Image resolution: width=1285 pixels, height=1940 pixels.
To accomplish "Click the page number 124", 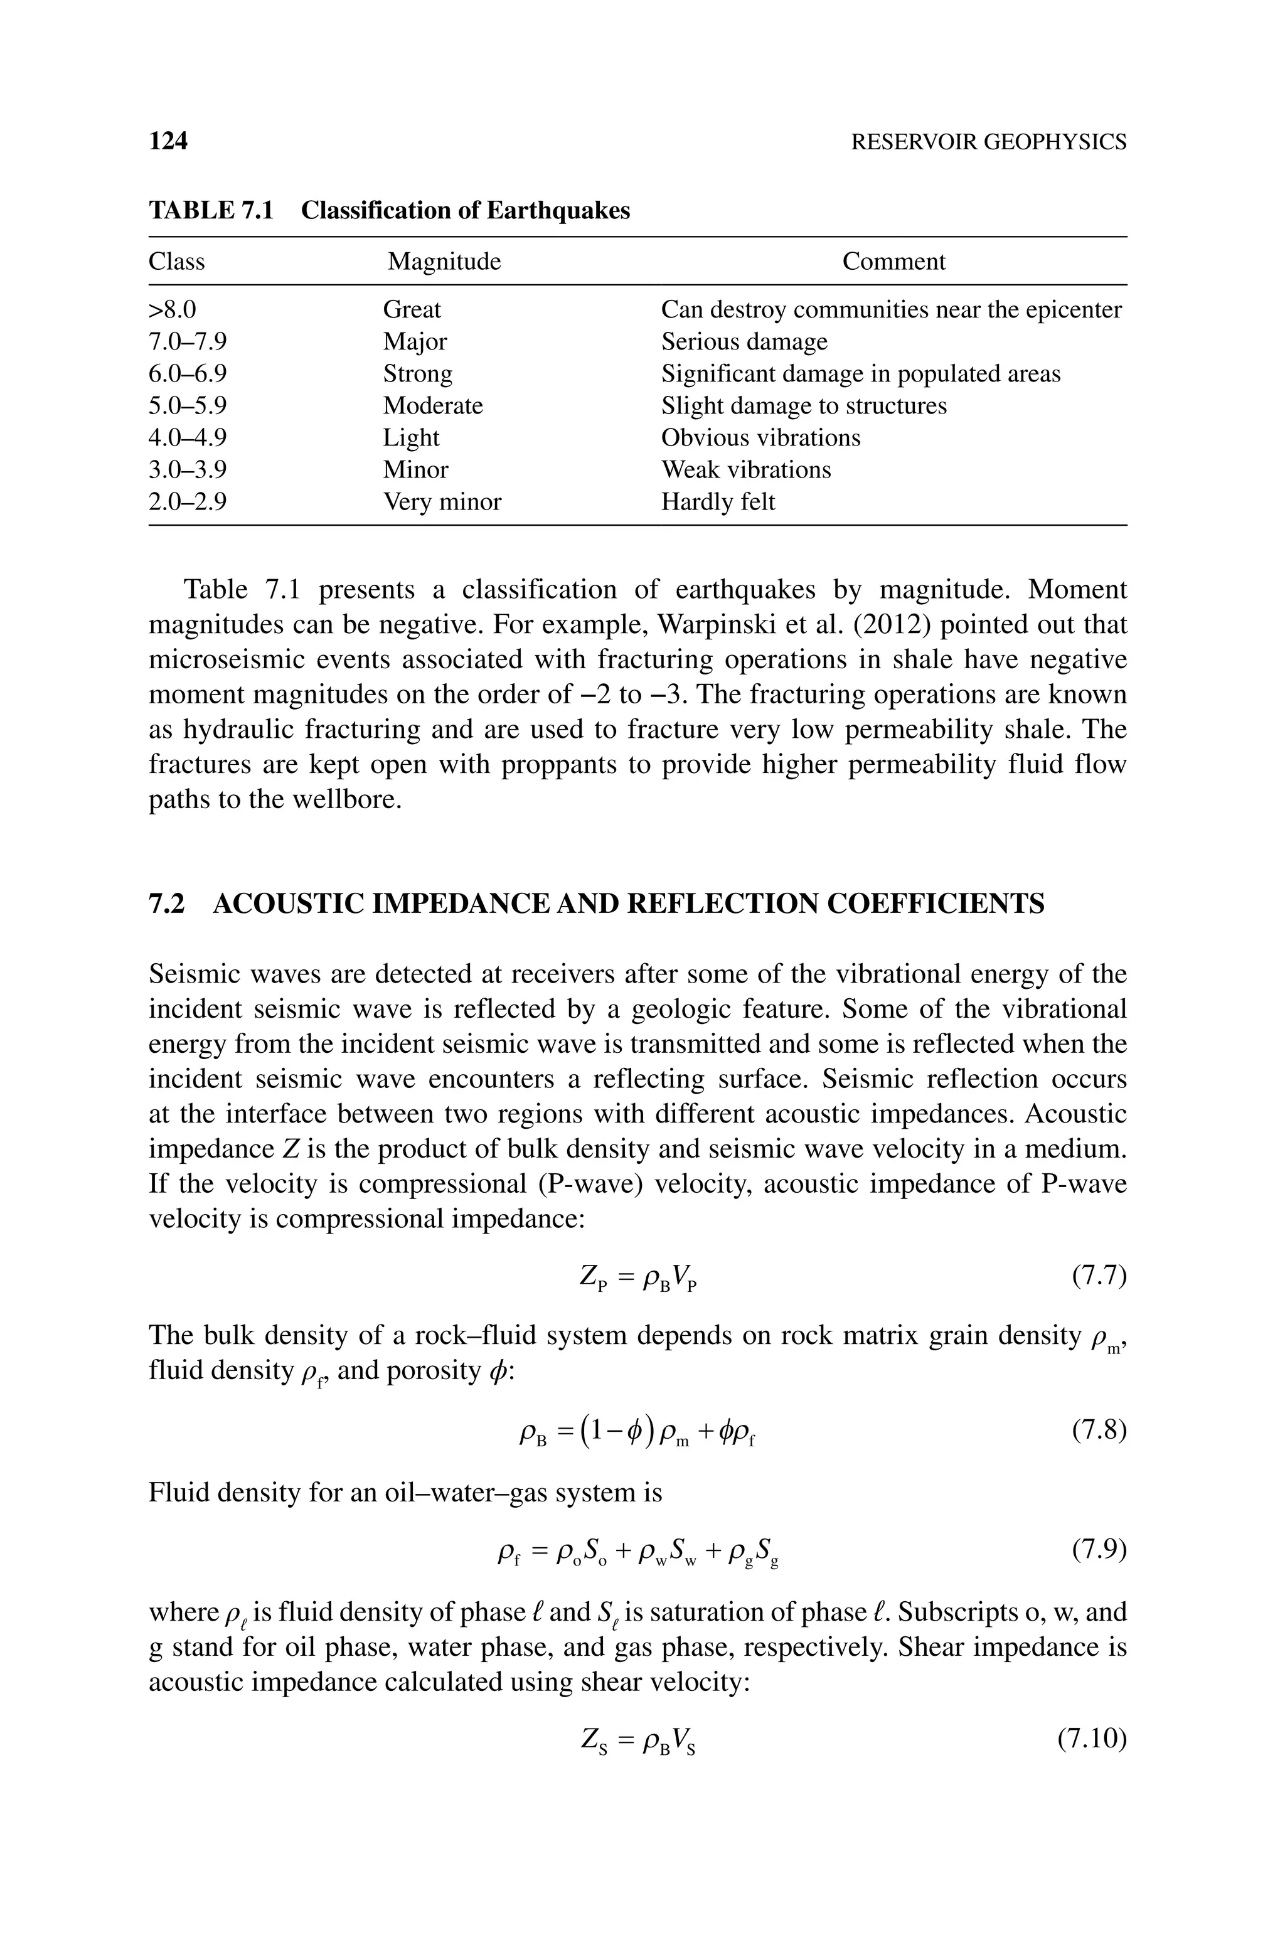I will click(x=168, y=141).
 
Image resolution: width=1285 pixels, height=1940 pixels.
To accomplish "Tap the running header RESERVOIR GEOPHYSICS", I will click(x=988, y=142).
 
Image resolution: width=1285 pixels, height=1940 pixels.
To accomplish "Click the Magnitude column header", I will click(x=444, y=262).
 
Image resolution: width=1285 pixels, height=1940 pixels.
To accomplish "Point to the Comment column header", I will click(x=893, y=262).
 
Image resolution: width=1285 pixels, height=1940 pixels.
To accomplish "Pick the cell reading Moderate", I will click(x=433, y=405).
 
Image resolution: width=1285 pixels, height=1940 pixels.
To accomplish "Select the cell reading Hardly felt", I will click(x=717, y=501).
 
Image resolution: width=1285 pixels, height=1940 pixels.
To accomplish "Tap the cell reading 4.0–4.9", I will click(x=187, y=437).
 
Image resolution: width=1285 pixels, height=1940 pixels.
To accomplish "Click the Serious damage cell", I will click(x=744, y=341).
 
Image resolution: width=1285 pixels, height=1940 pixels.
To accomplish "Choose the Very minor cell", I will click(x=442, y=501).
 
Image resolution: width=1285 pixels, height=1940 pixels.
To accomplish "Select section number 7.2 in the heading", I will click(x=166, y=903).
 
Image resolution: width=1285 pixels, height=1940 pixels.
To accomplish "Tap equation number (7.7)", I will click(x=1099, y=1276).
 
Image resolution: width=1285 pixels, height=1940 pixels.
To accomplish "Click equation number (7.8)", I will click(x=1099, y=1431).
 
